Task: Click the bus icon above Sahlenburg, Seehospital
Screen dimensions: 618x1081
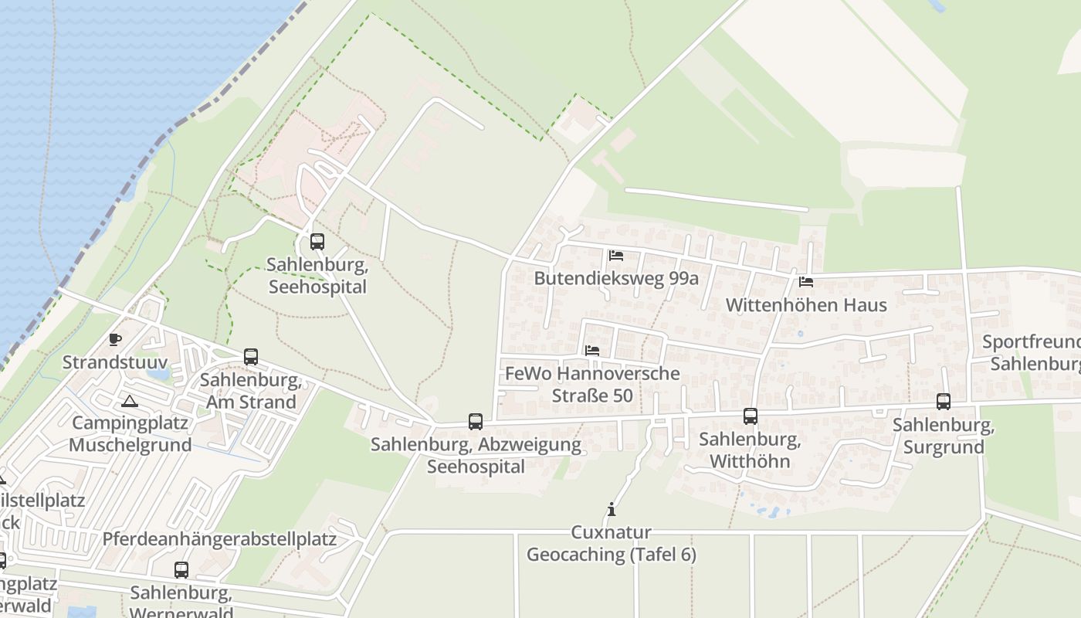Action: point(317,242)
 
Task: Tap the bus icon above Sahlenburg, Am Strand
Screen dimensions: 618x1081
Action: point(251,357)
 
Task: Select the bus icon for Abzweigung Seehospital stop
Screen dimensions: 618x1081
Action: point(476,422)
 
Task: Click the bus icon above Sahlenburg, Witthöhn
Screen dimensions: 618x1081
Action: point(751,416)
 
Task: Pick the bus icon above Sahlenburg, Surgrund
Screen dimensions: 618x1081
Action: point(944,402)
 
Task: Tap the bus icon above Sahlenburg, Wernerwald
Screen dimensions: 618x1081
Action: point(181,570)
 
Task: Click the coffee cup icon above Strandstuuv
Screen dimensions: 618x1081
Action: point(115,339)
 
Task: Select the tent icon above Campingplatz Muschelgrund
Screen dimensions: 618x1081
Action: point(130,401)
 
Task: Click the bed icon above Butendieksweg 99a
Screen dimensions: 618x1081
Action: point(616,256)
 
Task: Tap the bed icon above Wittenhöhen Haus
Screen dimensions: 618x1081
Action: point(807,282)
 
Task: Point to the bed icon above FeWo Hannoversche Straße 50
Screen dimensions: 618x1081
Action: point(592,351)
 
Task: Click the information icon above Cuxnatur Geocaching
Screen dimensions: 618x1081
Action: point(612,509)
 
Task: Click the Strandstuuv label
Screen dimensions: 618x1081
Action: point(115,362)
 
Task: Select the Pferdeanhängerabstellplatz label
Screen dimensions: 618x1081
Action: point(219,538)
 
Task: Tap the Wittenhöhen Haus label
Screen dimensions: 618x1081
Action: point(806,305)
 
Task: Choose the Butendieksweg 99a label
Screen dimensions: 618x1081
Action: point(616,278)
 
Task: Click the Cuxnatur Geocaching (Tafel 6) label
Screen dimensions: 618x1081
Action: point(612,543)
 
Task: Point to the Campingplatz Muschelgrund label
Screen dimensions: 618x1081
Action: point(130,434)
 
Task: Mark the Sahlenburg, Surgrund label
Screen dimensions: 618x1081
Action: point(944,436)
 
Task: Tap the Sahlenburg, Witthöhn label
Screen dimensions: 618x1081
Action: point(750,450)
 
